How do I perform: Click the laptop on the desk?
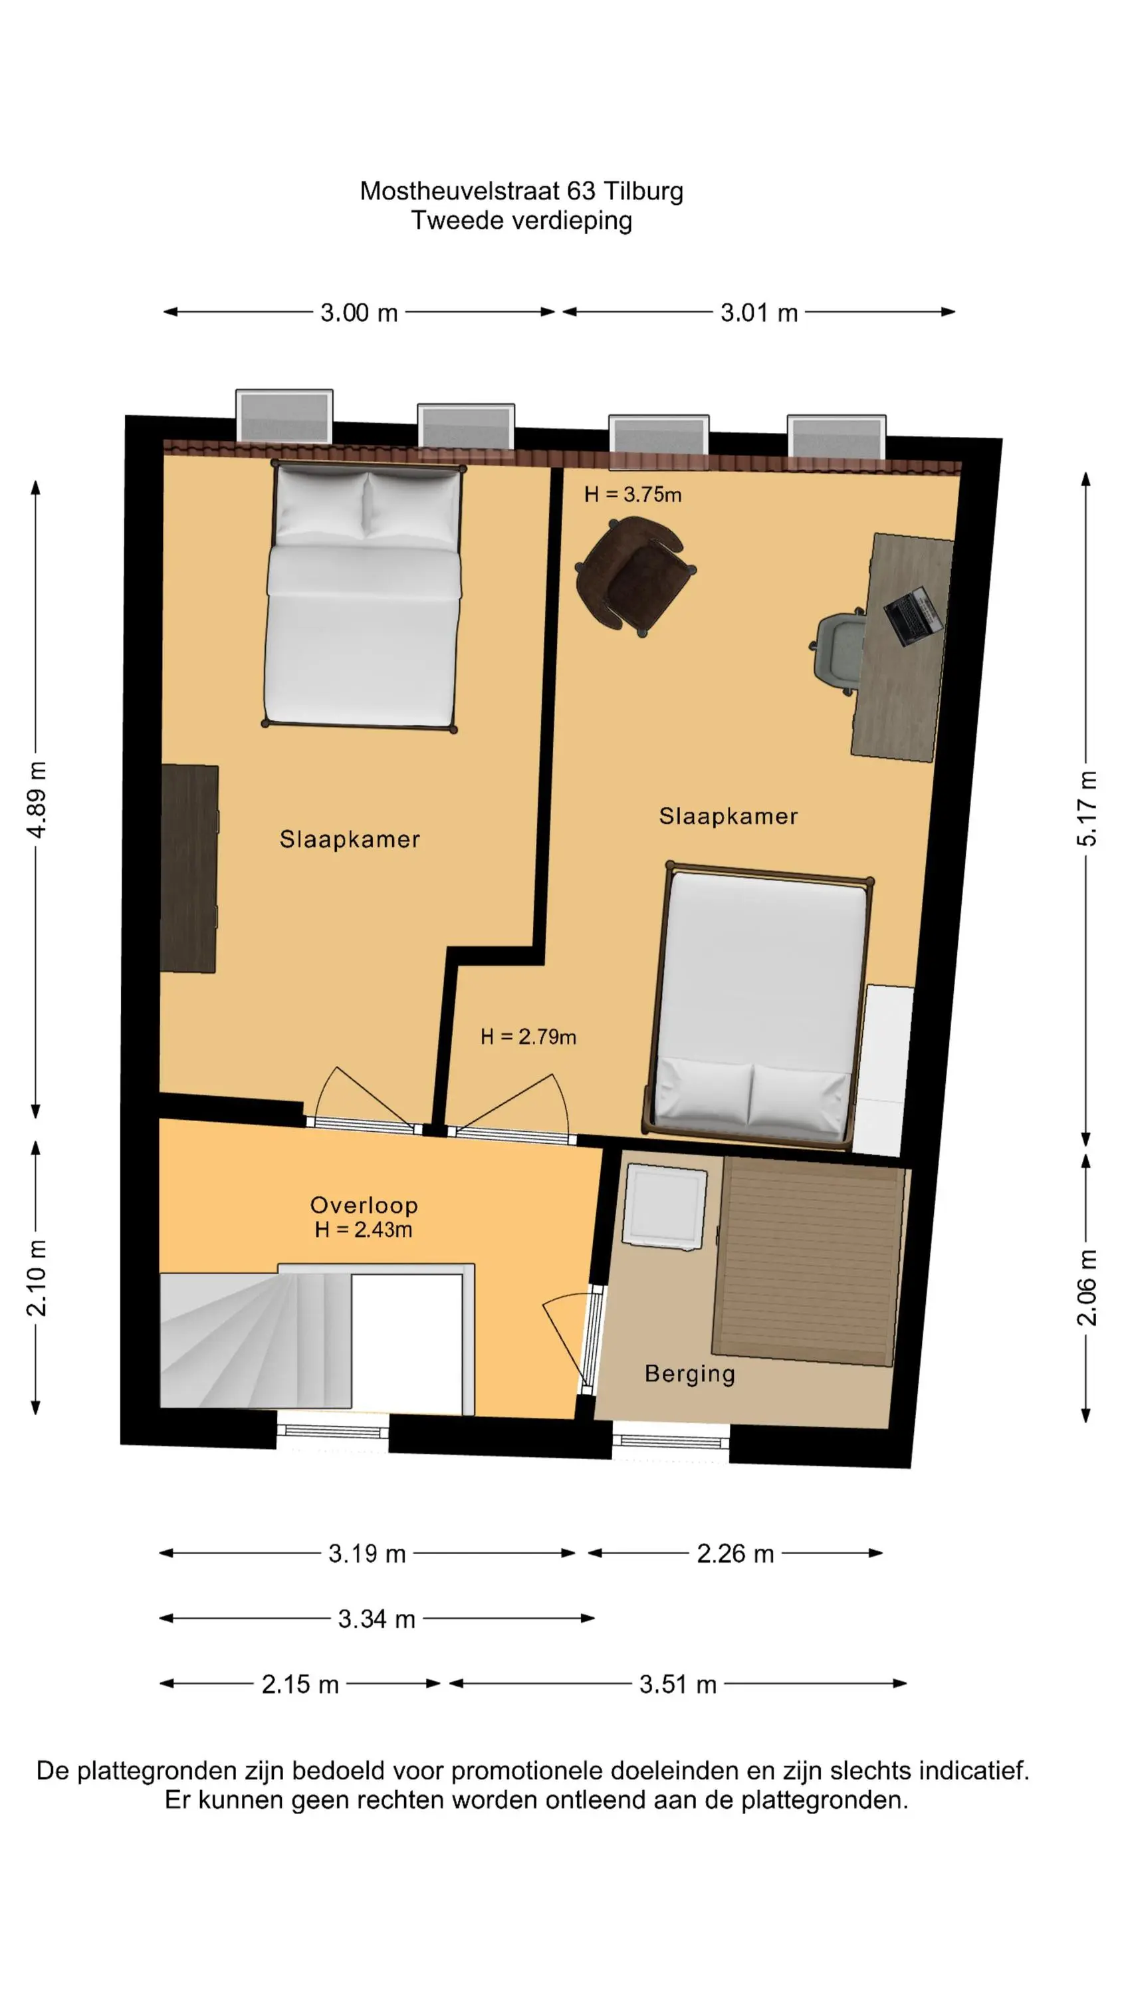point(914,616)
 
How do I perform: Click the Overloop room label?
point(364,1205)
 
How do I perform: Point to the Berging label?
point(690,1374)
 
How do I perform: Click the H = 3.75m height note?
point(633,495)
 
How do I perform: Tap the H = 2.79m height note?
point(528,1036)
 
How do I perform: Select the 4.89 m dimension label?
point(37,799)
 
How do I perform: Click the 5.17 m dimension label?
point(1087,808)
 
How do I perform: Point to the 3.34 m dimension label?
point(376,1619)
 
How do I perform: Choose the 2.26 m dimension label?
point(735,1553)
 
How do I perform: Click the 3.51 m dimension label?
point(677,1684)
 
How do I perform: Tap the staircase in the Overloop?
point(255,1340)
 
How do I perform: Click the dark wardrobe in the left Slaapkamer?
point(189,868)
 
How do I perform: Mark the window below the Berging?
point(671,1441)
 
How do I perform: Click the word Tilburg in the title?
point(643,192)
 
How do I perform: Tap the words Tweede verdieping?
point(521,221)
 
